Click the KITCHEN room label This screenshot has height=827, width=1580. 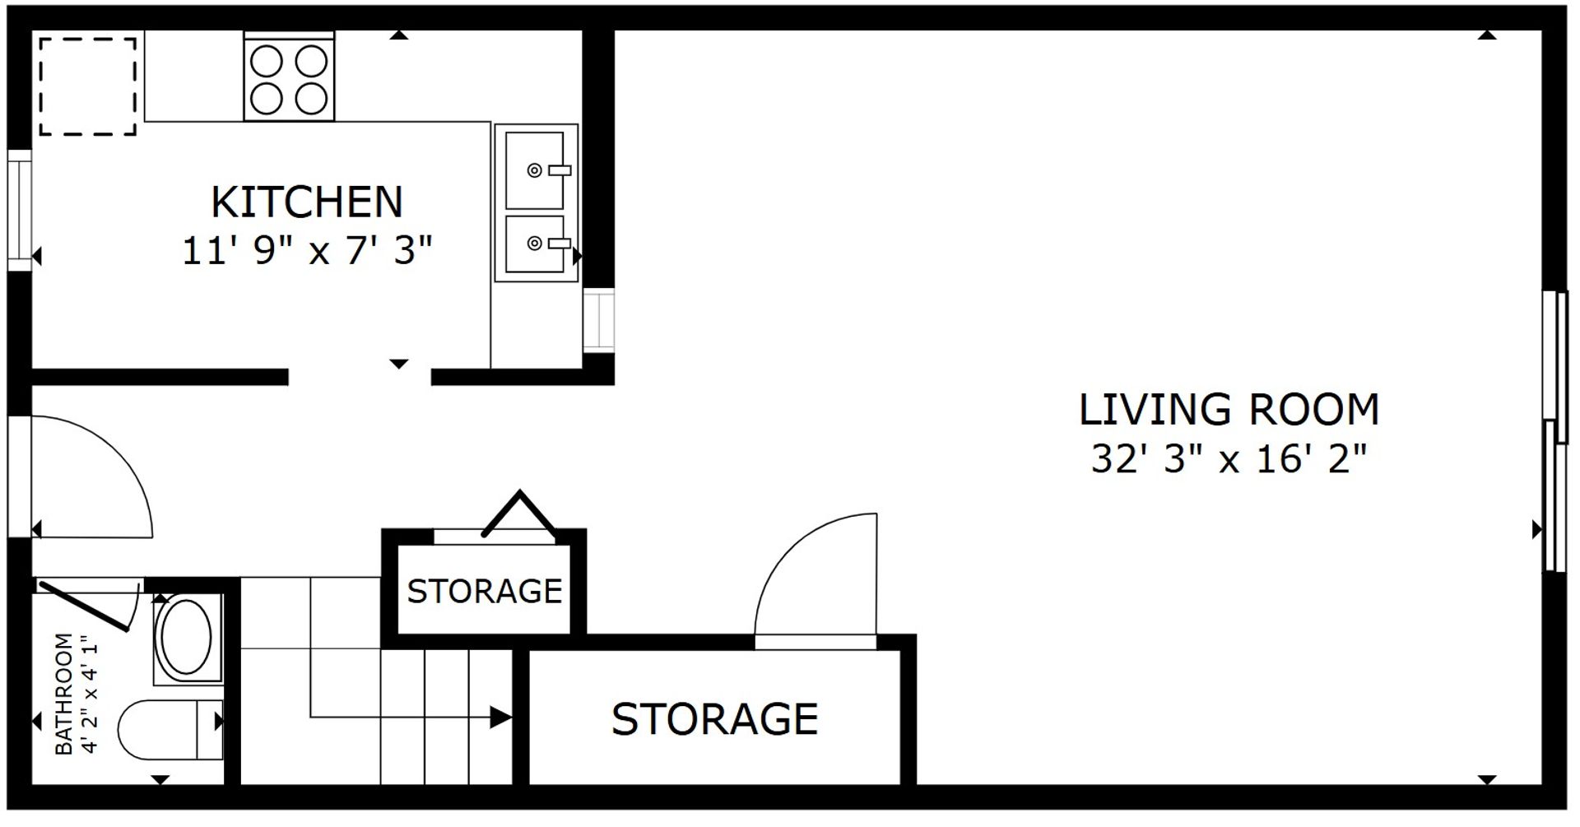[x=307, y=202]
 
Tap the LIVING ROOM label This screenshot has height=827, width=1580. [x=1229, y=410]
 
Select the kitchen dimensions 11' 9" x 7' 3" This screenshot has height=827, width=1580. [x=307, y=250]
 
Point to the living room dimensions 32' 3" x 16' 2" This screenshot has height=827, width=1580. [x=1229, y=458]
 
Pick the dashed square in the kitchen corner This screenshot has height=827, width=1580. [x=87, y=86]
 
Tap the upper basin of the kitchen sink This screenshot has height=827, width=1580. [x=535, y=170]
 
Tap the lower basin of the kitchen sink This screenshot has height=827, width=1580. [x=535, y=244]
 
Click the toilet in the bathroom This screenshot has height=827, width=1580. [x=170, y=730]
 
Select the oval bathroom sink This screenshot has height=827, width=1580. [x=187, y=638]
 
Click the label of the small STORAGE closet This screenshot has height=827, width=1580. [x=485, y=591]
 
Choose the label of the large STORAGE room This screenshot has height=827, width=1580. [x=714, y=719]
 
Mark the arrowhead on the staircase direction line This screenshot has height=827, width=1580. [x=500, y=718]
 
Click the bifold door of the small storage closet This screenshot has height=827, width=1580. [x=519, y=513]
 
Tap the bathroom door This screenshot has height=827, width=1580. [x=84, y=607]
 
